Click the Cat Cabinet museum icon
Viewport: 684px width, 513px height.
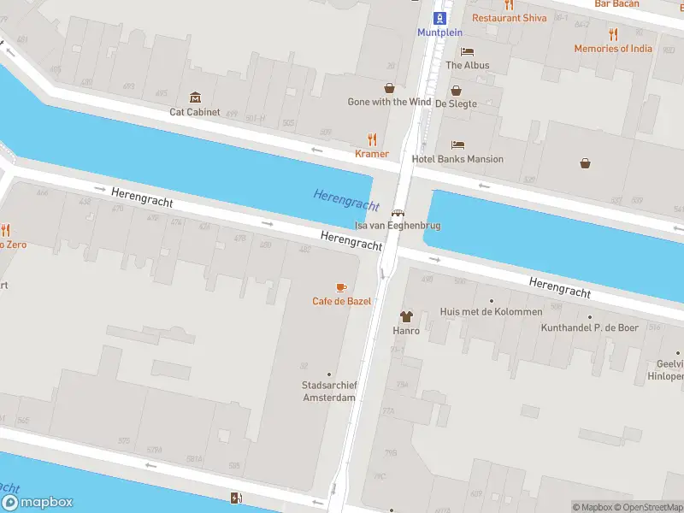[195, 97]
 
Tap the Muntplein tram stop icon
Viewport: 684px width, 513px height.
[439, 18]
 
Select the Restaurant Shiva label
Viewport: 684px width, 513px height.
[509, 17]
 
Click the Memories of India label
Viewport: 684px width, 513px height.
[612, 49]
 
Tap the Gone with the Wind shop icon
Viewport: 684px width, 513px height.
[389, 87]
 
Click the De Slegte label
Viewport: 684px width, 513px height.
[456, 103]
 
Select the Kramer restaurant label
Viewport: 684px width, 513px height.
[372, 154]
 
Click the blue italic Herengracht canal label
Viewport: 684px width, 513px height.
[345, 199]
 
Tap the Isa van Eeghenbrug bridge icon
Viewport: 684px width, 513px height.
[398, 214]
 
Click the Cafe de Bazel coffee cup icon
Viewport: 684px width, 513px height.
[341, 287]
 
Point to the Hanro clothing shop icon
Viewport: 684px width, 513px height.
[405, 315]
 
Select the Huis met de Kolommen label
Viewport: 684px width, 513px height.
[490, 312]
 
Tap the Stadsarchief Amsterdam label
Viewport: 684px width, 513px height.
[329, 391]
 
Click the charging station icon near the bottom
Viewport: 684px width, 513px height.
[235, 498]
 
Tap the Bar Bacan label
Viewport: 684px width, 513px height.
[616, 4]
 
